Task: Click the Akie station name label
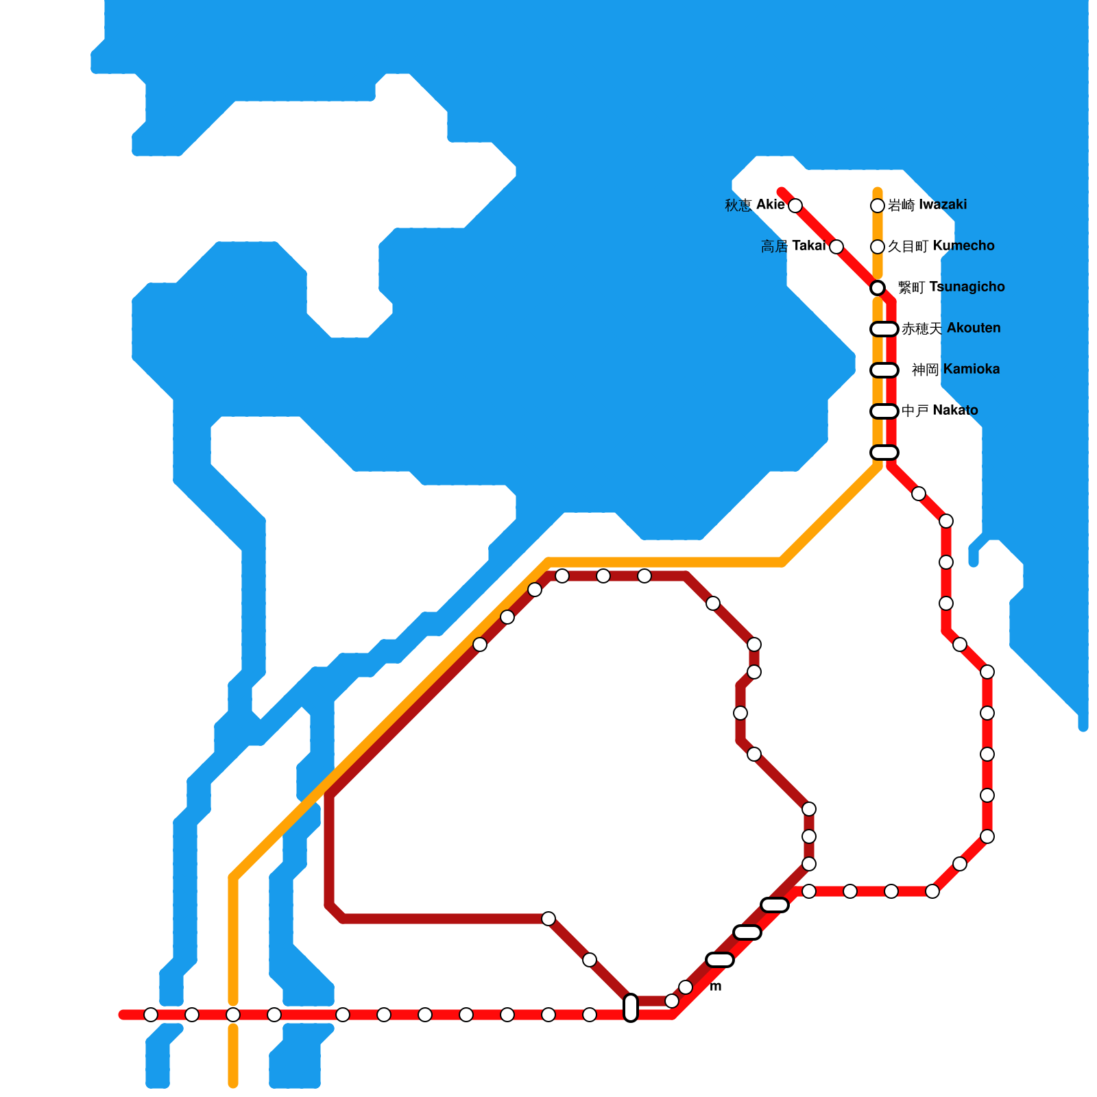click(755, 205)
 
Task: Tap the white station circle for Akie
click(795, 206)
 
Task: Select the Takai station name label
click(793, 246)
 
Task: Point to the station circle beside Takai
click(836, 247)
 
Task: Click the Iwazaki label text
click(927, 205)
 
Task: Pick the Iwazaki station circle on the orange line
click(878, 206)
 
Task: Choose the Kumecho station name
click(941, 246)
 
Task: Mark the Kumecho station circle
click(878, 247)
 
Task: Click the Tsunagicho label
click(951, 287)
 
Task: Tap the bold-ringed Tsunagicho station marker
click(878, 288)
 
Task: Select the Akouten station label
click(951, 328)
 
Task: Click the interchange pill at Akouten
click(884, 329)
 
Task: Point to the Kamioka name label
click(956, 370)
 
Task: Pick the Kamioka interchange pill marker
click(884, 370)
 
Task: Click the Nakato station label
click(940, 411)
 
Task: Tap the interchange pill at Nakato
click(884, 411)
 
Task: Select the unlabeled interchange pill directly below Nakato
click(884, 453)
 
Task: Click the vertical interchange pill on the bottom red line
click(631, 1008)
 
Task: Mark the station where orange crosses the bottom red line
click(233, 1015)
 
